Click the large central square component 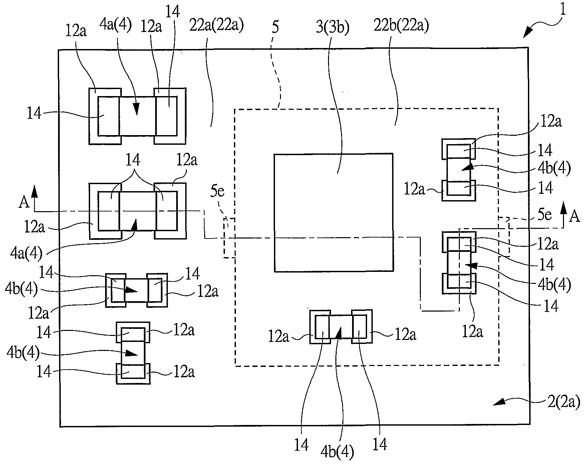(333, 213)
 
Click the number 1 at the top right (563, 10)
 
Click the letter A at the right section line (574, 217)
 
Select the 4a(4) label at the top (115, 25)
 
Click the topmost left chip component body (137, 116)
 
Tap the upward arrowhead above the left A (34, 190)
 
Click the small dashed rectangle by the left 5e (229, 238)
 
